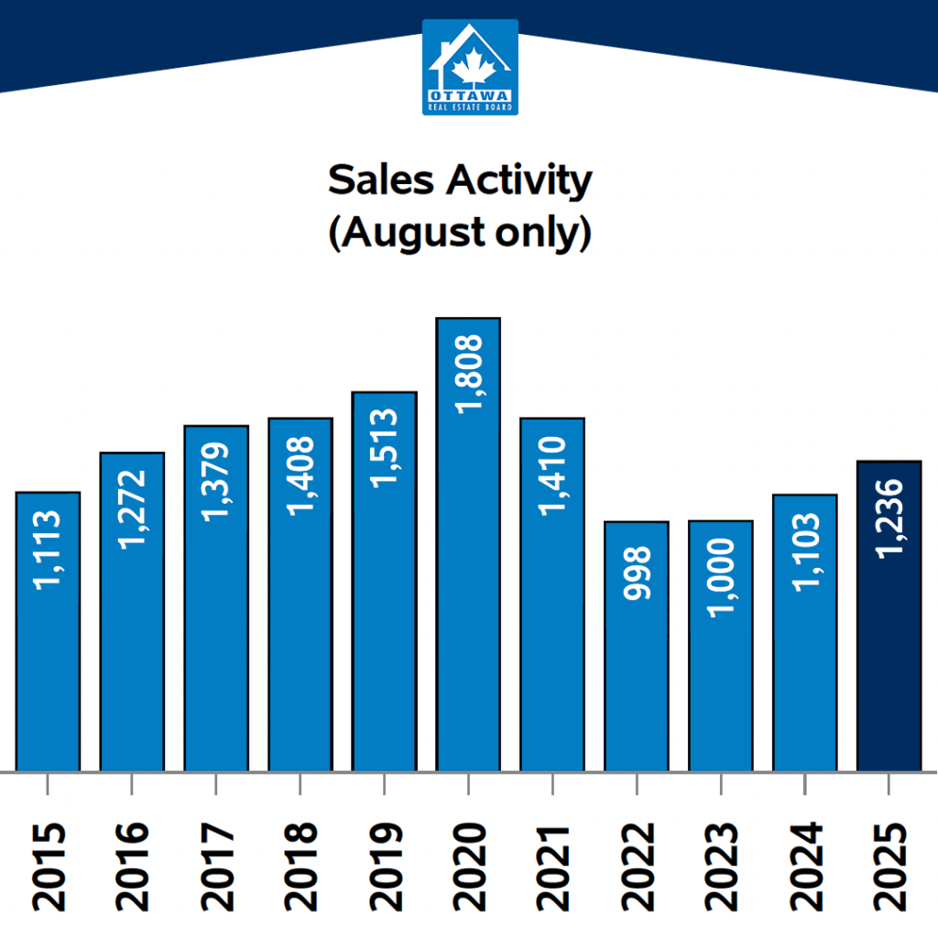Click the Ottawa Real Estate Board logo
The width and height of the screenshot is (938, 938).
click(470, 67)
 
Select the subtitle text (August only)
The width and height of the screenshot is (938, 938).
click(460, 234)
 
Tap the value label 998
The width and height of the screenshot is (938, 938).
click(637, 573)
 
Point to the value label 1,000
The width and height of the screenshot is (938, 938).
click(721, 577)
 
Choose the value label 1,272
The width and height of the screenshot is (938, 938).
click(132, 509)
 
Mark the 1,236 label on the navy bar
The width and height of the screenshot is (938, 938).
click(889, 518)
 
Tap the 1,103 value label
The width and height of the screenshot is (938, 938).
click(805, 551)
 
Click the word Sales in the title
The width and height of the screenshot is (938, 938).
click(380, 181)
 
